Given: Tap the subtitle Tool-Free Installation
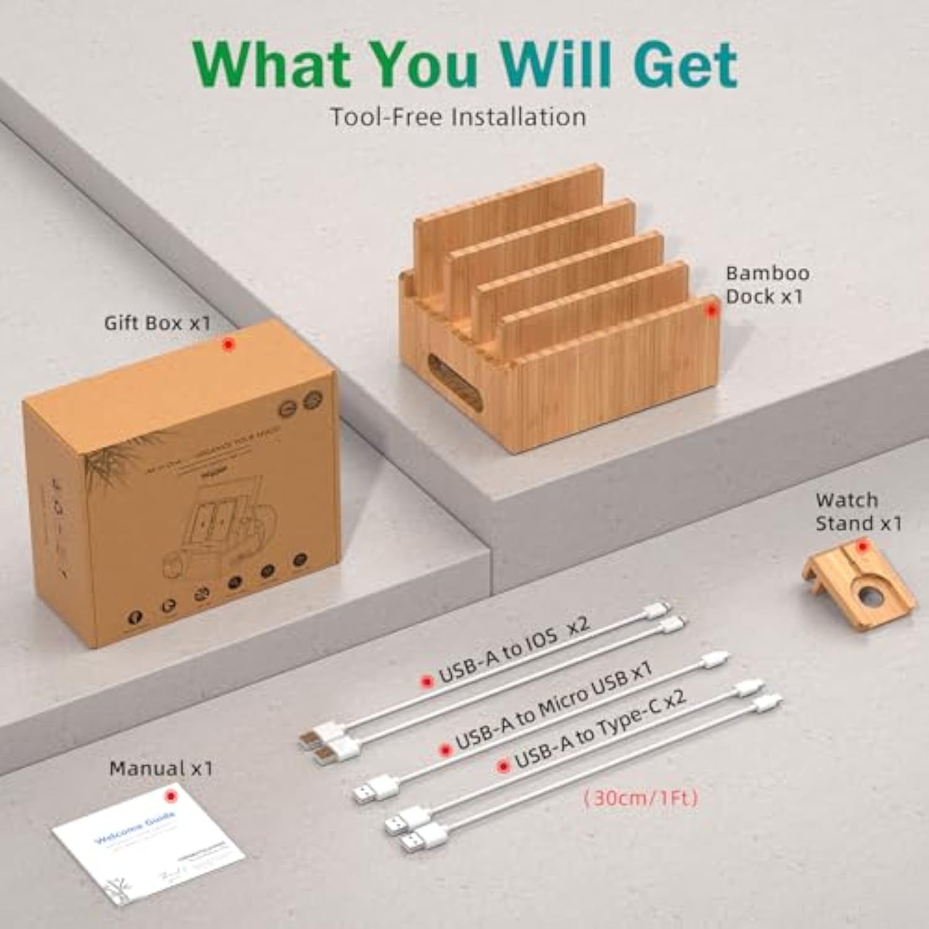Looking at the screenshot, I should click(458, 117).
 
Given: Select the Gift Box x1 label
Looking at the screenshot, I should click(157, 323).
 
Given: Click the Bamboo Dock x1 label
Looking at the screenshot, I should click(767, 285).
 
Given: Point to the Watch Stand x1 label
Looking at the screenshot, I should click(858, 512).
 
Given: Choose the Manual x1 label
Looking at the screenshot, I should click(161, 769).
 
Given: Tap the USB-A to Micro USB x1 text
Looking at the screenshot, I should click(554, 705).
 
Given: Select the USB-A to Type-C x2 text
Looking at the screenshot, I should click(600, 729).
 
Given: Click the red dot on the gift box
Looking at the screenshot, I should click(229, 344).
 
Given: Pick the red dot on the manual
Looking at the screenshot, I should click(170, 795).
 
